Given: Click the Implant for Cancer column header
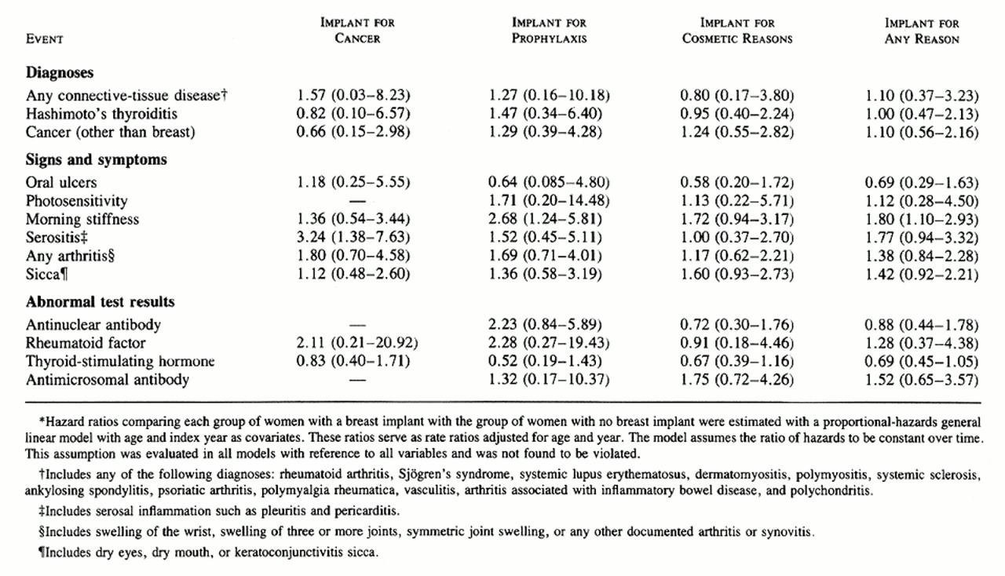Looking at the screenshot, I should [357, 31].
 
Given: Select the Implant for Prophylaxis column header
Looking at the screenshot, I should [549, 31].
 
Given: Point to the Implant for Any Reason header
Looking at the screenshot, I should [921, 31].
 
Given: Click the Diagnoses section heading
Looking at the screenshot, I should [60, 73].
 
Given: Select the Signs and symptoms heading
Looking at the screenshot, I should [96, 160].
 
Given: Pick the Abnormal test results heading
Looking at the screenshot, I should [100, 302].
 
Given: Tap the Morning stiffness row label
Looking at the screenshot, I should [82, 220].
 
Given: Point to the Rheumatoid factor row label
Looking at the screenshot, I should [86, 344].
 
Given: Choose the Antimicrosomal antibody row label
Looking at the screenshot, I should [106, 381].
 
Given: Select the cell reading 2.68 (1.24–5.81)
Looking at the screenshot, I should [547, 220].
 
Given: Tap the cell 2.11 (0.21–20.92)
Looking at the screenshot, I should [357, 344].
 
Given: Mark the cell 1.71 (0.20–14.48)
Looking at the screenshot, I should [549, 202].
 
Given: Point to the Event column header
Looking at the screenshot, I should [45, 38].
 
